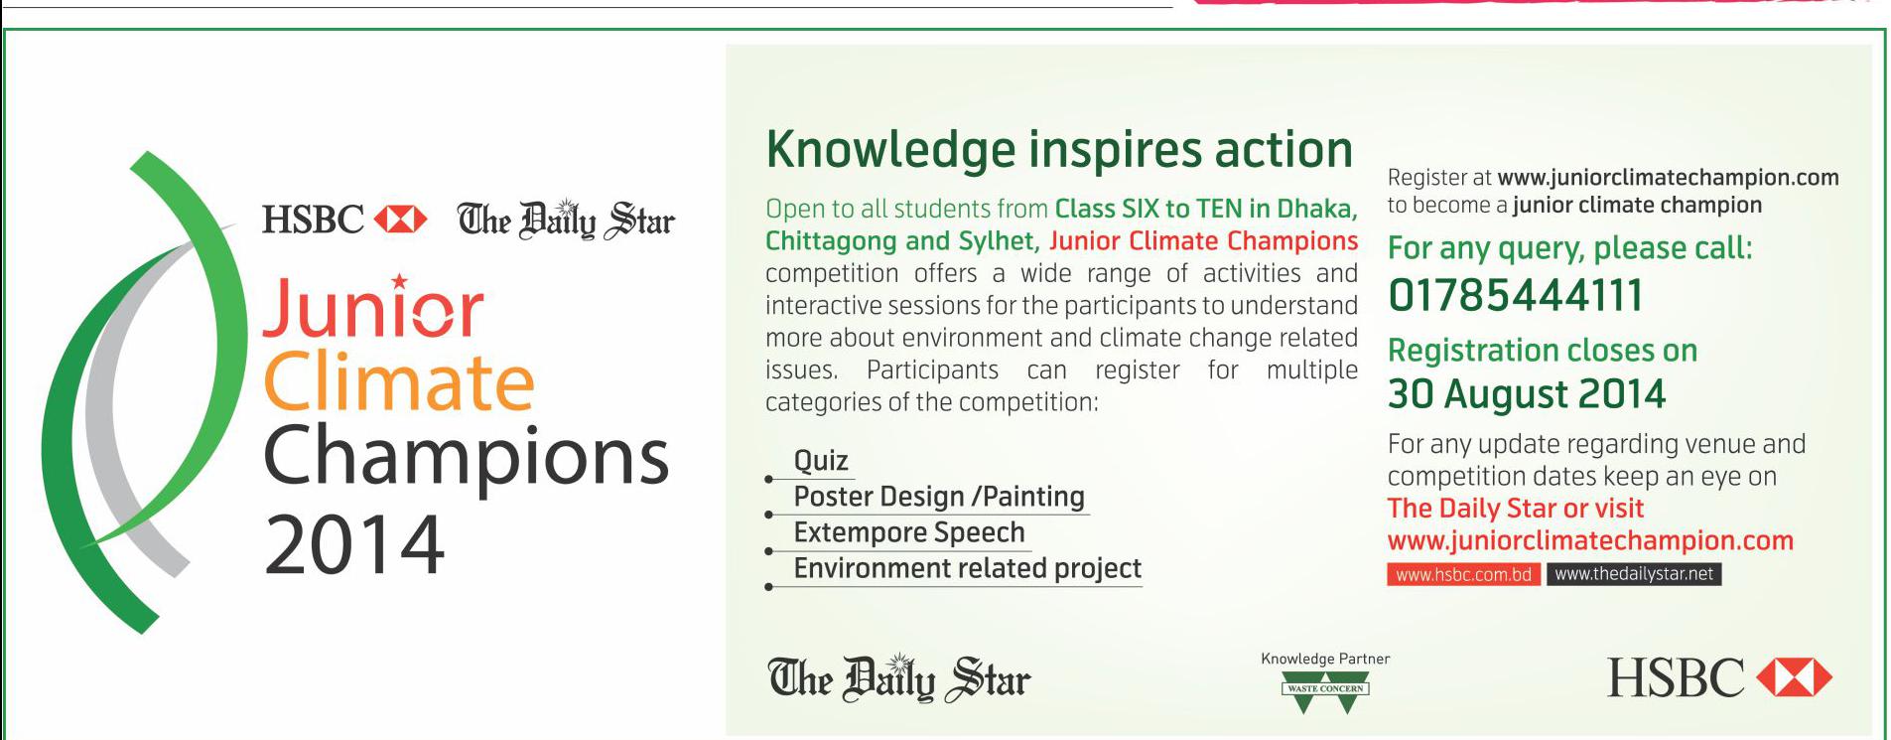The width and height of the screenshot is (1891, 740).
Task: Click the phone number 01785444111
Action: (1515, 296)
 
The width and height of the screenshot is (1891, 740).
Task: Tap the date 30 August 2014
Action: (1526, 394)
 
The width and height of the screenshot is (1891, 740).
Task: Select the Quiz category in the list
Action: (821, 461)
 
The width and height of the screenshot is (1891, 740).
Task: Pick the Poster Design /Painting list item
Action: (939, 497)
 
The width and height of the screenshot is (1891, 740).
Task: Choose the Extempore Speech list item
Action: (909, 532)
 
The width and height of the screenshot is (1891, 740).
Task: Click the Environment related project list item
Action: (968, 568)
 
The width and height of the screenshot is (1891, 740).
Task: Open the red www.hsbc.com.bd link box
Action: (1463, 574)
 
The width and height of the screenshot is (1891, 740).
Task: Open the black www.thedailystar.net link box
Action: (1634, 574)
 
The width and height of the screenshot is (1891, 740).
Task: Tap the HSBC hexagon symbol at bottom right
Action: (1795, 678)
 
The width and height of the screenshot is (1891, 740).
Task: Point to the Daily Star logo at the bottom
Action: (899, 678)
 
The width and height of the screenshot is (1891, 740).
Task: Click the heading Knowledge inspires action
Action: (1059, 150)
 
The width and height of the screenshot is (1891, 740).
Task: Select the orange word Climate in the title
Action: (399, 382)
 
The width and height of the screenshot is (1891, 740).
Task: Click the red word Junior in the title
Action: (373, 309)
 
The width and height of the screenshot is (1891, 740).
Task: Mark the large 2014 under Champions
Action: (354, 544)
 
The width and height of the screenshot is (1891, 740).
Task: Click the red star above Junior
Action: (399, 281)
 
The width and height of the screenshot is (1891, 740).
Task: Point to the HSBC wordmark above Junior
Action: (313, 220)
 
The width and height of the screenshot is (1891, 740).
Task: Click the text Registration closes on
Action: (1543, 351)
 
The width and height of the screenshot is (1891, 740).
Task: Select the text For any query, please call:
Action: (1570, 248)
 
